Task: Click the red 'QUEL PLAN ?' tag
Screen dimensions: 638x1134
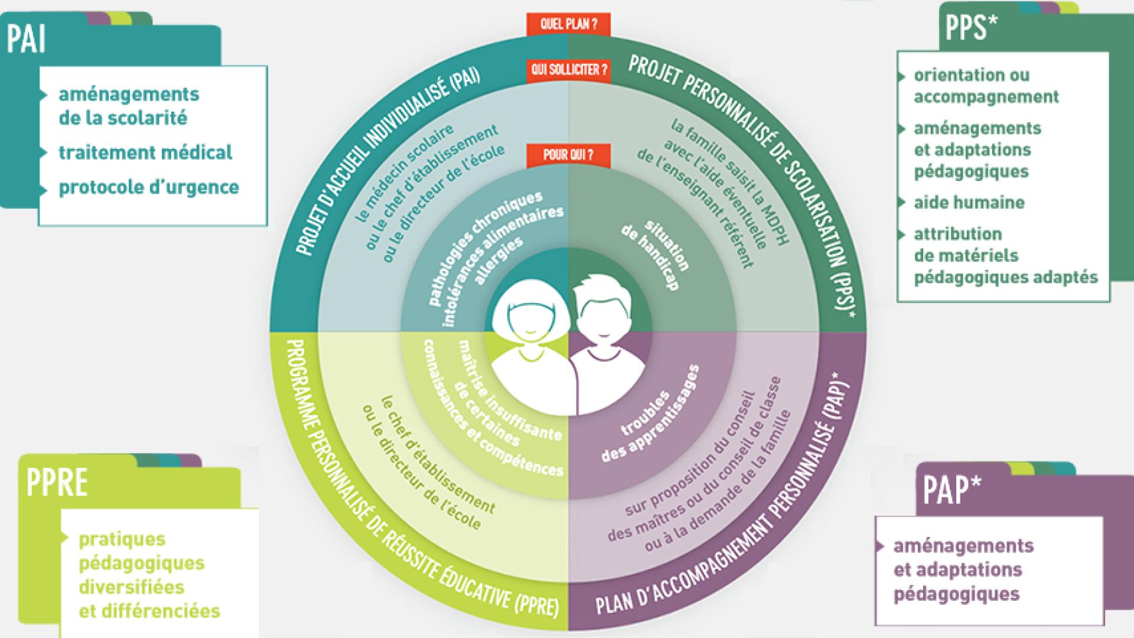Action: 568,25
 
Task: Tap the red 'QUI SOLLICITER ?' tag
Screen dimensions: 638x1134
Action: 568,70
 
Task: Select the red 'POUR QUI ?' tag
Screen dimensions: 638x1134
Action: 568,155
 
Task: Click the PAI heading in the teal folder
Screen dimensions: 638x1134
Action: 26,40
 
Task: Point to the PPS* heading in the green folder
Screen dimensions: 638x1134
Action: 967,28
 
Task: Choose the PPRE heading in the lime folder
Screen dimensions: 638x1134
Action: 57,483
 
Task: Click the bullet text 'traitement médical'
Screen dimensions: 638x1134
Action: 145,152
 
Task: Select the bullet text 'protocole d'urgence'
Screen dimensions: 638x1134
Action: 149,187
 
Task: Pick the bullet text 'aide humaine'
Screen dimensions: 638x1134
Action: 969,203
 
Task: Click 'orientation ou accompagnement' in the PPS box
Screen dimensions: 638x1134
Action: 986,86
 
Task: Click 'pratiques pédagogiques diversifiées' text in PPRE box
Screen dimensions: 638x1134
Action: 142,562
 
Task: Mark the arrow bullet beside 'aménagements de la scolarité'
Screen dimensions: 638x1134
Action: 43,95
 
